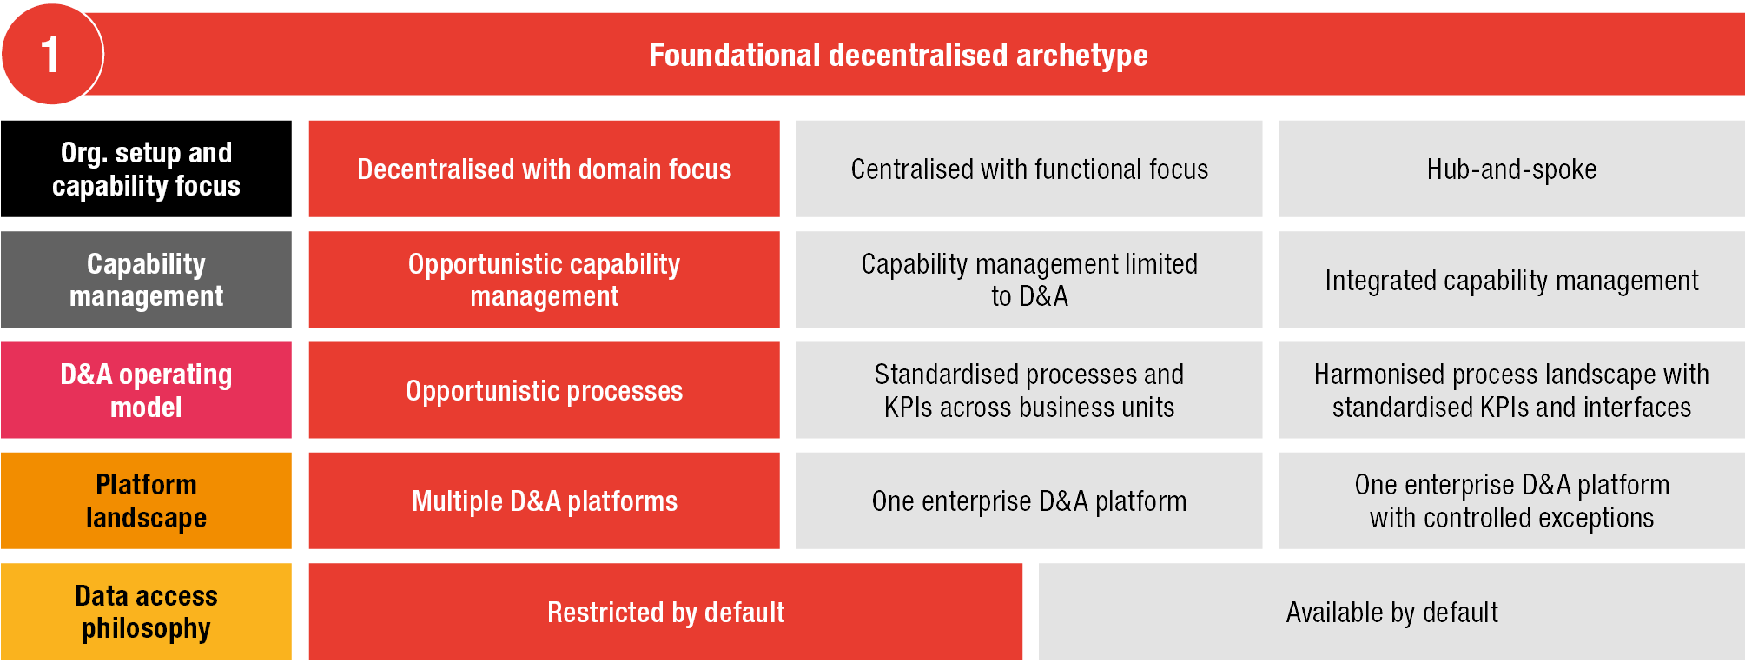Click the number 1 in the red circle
pyautogui.click(x=50, y=55)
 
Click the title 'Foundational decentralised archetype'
pyautogui.click(x=898, y=56)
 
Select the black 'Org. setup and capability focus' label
pyautogui.click(x=146, y=169)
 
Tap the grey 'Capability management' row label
pyautogui.click(x=146, y=280)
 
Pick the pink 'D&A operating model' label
pyautogui.click(x=146, y=390)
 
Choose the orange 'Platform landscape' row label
pyautogui.click(x=146, y=501)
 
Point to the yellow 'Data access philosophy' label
pyautogui.click(x=146, y=611)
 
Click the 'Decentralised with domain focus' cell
pyautogui.click(x=544, y=169)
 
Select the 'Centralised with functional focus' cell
pyautogui.click(x=1029, y=169)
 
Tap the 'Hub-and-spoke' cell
pyautogui.click(x=1512, y=169)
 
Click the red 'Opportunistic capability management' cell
pyautogui.click(x=544, y=280)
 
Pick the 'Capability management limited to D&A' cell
pyautogui.click(x=1029, y=280)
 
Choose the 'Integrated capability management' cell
pyautogui.click(x=1512, y=280)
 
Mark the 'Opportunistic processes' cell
pyautogui.click(x=544, y=390)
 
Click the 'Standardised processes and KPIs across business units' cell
pyautogui.click(x=1029, y=390)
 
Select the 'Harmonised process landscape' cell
pyautogui.click(x=1512, y=390)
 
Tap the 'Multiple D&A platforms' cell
pyautogui.click(x=544, y=501)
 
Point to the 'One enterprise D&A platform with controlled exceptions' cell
pyautogui.click(x=1512, y=501)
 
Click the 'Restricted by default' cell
pyautogui.click(x=665, y=611)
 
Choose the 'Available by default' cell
pyautogui.click(x=1391, y=611)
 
